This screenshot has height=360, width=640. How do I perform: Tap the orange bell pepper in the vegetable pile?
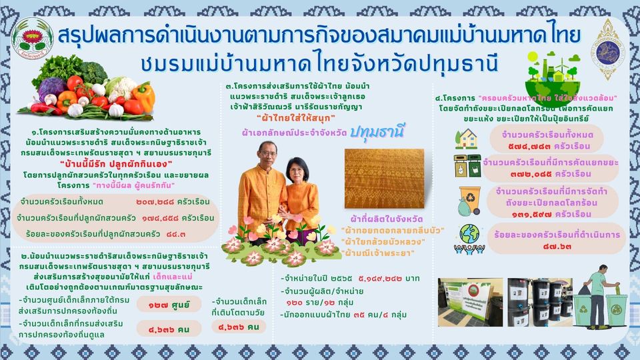tap(142, 95)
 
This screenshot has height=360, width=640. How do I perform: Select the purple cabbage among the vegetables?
tap(51, 88)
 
